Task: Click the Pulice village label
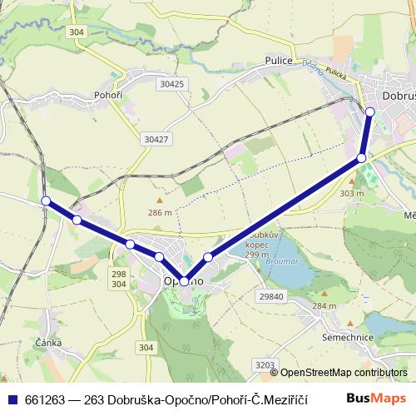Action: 276,60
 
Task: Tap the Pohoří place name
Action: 108,95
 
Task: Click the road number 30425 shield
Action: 171,84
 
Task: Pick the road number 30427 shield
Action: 156,139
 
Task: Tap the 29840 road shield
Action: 271,297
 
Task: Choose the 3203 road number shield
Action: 265,364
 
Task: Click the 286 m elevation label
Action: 160,212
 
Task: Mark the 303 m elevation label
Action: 352,193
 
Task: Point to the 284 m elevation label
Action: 324,305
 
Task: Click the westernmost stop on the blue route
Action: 46,201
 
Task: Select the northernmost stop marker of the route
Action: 370,111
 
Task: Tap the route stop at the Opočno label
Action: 183,282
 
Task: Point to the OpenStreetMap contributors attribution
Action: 344,373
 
